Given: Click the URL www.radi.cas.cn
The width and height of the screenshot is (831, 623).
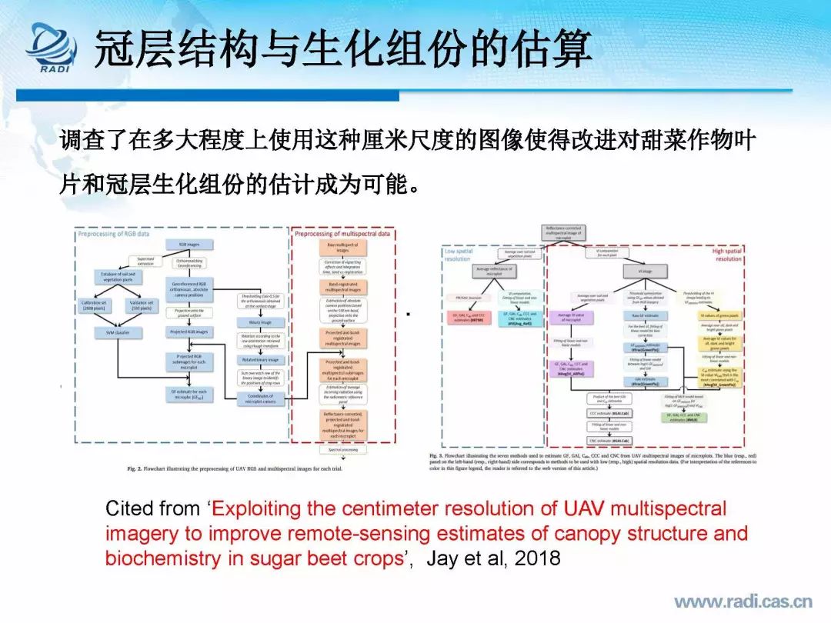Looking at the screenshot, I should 743,601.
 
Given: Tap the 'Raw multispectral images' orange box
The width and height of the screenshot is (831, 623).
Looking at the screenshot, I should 343,247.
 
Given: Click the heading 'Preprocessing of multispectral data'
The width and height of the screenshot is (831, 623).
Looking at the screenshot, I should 344,232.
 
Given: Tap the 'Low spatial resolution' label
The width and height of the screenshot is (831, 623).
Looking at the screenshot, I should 460,254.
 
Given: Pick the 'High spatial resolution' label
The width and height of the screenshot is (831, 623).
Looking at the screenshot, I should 726,254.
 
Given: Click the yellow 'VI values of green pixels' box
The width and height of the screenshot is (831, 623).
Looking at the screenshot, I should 720,315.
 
